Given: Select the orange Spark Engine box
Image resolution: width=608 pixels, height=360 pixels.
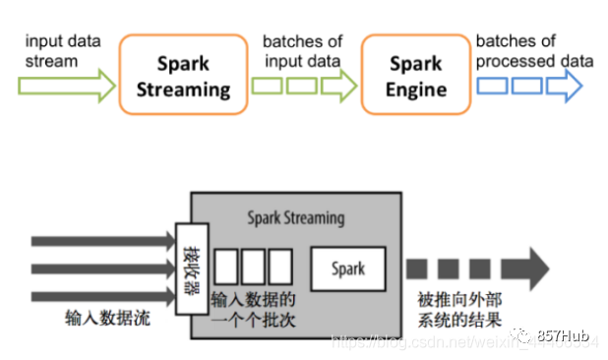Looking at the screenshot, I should click(x=414, y=77).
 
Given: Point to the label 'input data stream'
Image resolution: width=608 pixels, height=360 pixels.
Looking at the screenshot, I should click(x=62, y=50).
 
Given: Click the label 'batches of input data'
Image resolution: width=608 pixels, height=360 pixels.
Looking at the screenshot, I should click(x=301, y=51).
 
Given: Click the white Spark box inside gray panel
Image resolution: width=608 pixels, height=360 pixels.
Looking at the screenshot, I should click(x=347, y=268).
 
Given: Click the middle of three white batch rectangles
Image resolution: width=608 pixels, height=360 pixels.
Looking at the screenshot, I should click(x=253, y=268).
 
